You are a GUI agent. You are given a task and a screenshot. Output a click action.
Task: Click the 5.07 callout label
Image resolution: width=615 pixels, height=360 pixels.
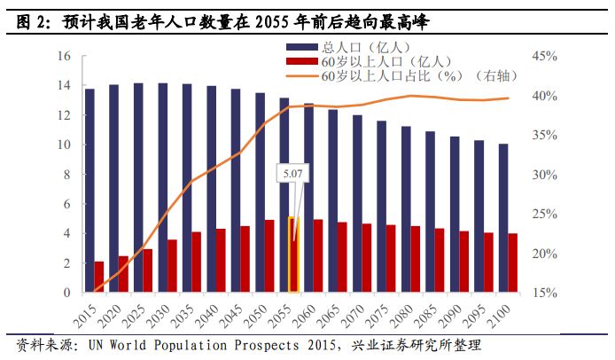pyautogui.click(x=292, y=175)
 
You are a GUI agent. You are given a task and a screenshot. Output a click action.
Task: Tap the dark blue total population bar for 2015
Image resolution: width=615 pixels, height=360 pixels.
pyautogui.click(x=89, y=190)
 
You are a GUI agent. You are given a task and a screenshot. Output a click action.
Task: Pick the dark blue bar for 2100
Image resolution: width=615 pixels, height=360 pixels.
pyautogui.click(x=502, y=218)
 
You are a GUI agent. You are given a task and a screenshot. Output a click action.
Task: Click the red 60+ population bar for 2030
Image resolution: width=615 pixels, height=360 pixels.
pyautogui.click(x=172, y=266)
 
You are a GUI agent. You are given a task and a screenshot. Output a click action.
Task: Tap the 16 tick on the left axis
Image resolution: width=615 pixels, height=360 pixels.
pyautogui.click(x=63, y=56)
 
